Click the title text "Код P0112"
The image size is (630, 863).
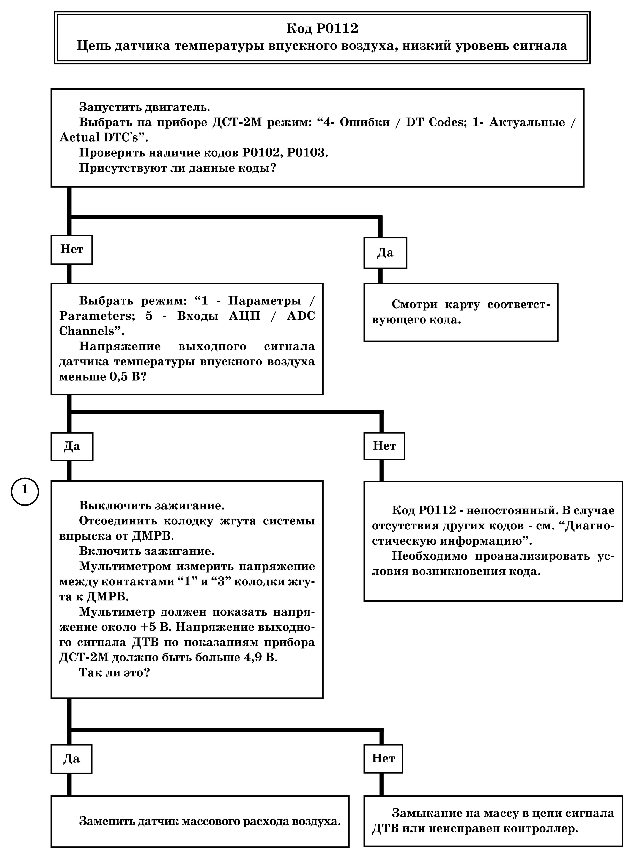(x=322, y=29)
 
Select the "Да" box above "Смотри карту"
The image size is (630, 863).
(x=385, y=253)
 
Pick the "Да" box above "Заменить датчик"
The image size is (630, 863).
(x=72, y=759)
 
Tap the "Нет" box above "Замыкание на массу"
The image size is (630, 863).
(x=383, y=759)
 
